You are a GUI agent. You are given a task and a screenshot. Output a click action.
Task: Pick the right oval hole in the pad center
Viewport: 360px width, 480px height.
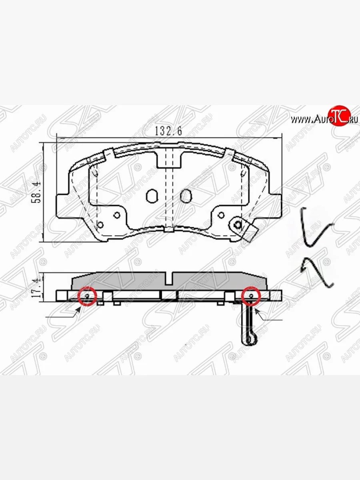coord(185,196)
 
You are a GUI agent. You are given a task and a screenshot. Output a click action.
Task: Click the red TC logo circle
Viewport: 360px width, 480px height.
coord(339,116)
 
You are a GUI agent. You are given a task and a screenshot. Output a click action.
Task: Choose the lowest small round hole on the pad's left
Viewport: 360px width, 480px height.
coord(100,224)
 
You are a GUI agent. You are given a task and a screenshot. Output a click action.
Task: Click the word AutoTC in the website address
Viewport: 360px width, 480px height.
coord(324,119)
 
